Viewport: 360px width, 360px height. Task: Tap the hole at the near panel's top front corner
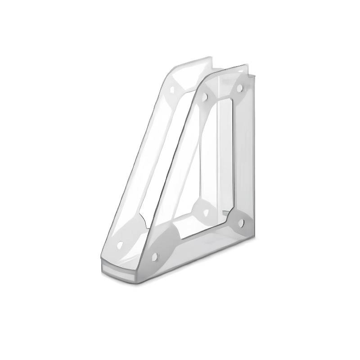(x=204, y=96)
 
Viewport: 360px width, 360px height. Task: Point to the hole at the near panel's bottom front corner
(x=155, y=257)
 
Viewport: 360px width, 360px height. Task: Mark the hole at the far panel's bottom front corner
(x=120, y=246)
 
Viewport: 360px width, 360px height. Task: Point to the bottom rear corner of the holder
(x=252, y=238)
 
